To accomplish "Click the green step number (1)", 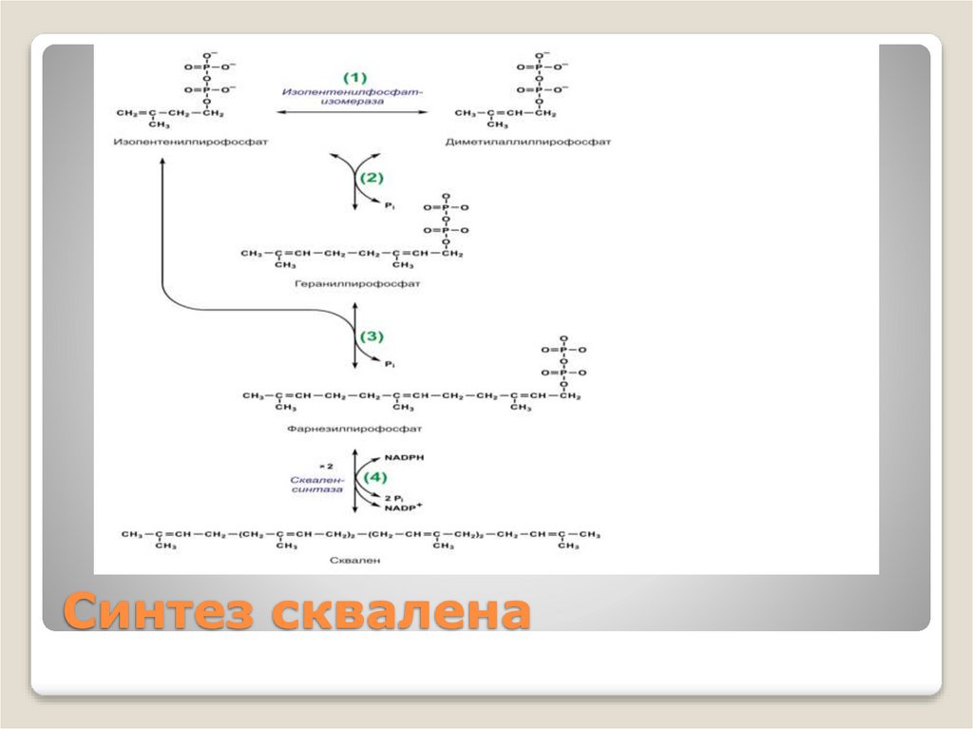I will pyautogui.click(x=353, y=76).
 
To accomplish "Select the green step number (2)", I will pyautogui.click(x=371, y=177).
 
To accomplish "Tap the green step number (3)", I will pyautogui.click(x=371, y=336).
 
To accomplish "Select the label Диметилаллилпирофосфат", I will pyautogui.click(x=527, y=142).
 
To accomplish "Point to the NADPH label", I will pyautogui.click(x=405, y=457).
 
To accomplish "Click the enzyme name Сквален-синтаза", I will pyautogui.click(x=315, y=485).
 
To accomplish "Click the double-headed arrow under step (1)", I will pyautogui.click(x=352, y=112).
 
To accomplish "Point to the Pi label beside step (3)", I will pyautogui.click(x=389, y=363).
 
